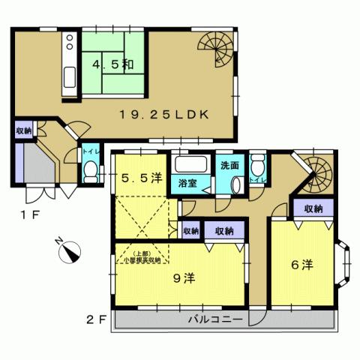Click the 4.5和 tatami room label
(x=112, y=64)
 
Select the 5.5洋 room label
(x=142, y=178)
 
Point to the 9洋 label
(x=184, y=279)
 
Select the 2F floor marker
(x=97, y=319)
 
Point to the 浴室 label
(x=187, y=183)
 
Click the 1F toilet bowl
(x=90, y=172)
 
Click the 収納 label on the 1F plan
(x=23, y=130)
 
